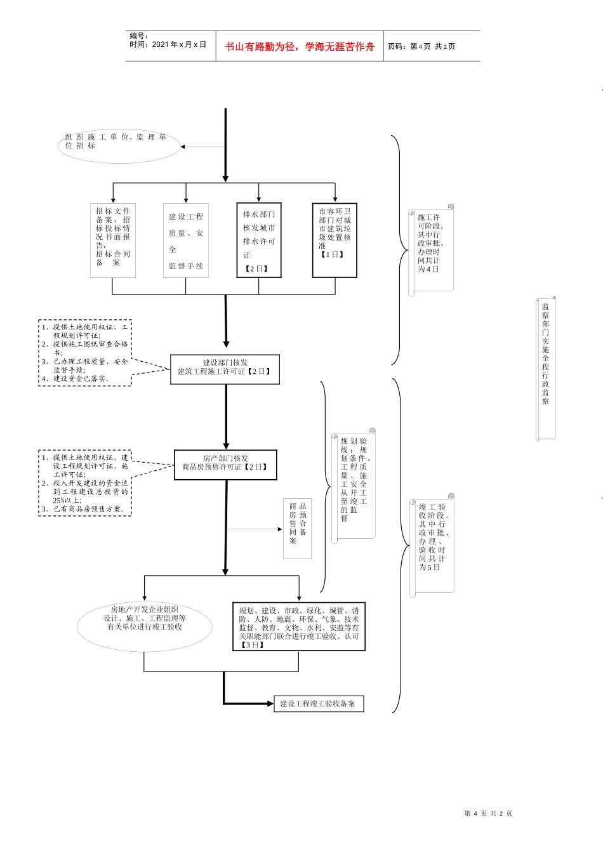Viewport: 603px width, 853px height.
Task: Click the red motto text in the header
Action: tap(300, 46)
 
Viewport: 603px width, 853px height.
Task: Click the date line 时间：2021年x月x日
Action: tap(168, 45)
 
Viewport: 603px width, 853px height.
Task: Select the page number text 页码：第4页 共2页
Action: tap(421, 46)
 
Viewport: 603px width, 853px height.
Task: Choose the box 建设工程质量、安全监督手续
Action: tap(186, 241)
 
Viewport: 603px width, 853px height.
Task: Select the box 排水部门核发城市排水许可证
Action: tap(259, 241)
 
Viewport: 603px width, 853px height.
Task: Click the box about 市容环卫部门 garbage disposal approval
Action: tap(335, 241)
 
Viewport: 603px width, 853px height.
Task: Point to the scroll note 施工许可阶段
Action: tap(431, 248)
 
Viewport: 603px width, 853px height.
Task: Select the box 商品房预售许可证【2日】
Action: tap(225, 465)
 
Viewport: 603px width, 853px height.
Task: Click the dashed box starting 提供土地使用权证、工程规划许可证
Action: tap(85, 353)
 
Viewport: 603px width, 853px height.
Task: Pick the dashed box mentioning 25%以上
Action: tap(85, 483)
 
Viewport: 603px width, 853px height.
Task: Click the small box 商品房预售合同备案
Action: tap(297, 528)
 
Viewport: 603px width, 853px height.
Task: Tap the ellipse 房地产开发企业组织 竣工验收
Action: tap(145, 625)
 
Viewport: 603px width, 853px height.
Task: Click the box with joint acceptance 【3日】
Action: tap(298, 626)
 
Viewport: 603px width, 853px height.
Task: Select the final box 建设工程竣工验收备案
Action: tap(319, 703)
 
